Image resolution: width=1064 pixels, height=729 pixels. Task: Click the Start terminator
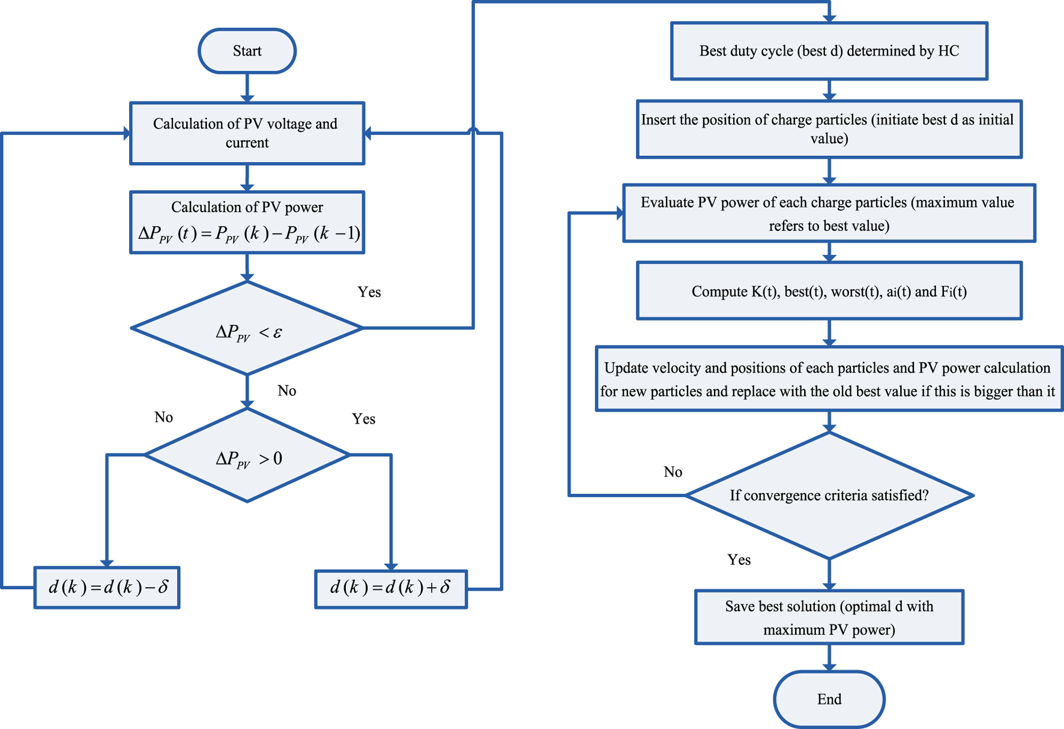(x=247, y=51)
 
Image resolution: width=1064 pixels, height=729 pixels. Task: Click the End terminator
(x=829, y=699)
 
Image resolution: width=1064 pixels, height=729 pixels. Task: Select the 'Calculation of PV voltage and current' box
(x=247, y=133)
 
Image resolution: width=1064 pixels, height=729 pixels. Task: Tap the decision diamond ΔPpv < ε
(x=247, y=329)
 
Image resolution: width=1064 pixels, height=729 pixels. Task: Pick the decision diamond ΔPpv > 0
(x=247, y=456)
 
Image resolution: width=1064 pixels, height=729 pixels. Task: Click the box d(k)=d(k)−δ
(x=107, y=587)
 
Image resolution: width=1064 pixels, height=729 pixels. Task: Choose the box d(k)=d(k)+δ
(x=391, y=589)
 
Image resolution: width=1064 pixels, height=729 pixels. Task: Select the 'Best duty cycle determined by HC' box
(x=829, y=51)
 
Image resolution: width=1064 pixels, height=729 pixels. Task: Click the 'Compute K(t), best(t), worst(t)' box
(x=829, y=291)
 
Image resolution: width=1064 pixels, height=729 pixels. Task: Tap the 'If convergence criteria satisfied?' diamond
(x=829, y=496)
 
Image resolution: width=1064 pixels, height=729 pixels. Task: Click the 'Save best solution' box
(x=829, y=617)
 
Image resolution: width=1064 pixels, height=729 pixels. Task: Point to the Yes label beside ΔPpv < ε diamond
(x=369, y=292)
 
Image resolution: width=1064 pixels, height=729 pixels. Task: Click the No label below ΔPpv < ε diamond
(x=286, y=391)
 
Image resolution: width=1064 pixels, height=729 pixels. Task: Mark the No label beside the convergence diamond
(x=673, y=472)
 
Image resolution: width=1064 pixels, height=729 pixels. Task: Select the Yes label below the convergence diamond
(x=739, y=560)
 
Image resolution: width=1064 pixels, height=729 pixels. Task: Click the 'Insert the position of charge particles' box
(x=829, y=129)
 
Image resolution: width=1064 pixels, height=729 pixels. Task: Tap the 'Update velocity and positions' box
(x=829, y=379)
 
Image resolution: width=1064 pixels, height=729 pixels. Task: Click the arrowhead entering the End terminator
(x=829, y=667)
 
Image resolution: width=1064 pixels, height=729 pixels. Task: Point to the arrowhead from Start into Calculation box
(x=247, y=97)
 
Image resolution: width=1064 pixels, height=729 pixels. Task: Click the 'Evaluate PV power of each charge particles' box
(x=829, y=214)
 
